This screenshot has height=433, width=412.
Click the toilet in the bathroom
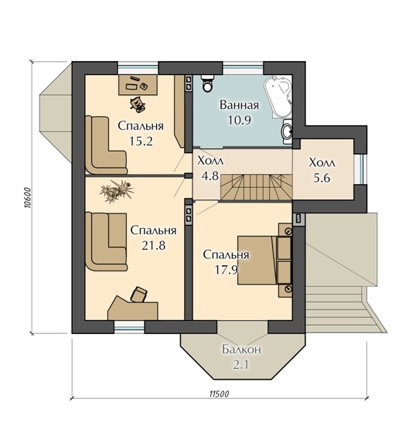(x=207, y=83)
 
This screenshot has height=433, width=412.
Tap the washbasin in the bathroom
(x=288, y=131)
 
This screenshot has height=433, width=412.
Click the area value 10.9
(x=240, y=120)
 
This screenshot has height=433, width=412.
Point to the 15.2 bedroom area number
(x=141, y=141)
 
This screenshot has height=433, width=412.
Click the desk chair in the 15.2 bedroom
(x=138, y=104)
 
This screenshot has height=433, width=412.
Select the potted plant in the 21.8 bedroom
(x=117, y=191)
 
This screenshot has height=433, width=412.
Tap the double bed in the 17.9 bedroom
(x=264, y=260)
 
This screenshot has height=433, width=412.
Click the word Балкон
(x=241, y=349)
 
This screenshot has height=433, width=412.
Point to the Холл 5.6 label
(x=322, y=170)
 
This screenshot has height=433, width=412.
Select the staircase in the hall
(x=256, y=187)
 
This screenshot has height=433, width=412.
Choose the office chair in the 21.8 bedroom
(x=138, y=295)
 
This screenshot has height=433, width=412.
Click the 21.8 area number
(x=154, y=246)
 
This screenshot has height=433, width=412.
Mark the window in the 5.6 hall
(x=362, y=169)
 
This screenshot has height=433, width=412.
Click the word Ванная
(x=240, y=105)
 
